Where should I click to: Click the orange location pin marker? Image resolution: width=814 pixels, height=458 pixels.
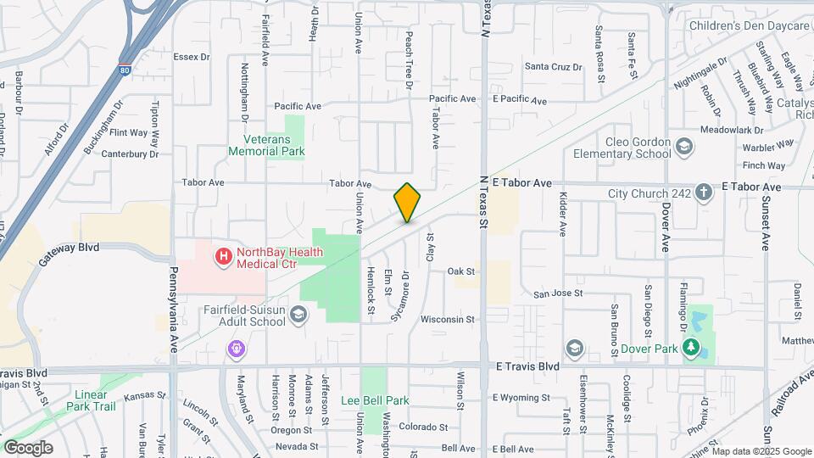(407, 203)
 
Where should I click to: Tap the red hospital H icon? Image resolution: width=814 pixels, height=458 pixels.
(224, 254)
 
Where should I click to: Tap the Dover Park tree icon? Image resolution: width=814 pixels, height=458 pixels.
(692, 347)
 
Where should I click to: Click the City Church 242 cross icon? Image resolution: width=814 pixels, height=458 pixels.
(703, 193)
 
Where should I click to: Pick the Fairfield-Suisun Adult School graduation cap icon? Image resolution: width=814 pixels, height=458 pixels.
(298, 315)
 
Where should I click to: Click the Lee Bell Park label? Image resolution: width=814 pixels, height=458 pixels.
(375, 400)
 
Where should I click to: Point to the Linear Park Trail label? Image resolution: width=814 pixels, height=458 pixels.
(91, 401)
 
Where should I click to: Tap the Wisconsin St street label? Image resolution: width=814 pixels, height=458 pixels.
(447, 320)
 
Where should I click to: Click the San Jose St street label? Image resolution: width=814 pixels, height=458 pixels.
(557, 293)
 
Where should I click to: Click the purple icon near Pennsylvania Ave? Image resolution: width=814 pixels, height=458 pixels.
(236, 349)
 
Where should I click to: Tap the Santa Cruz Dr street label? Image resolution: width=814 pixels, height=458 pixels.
(553, 66)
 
